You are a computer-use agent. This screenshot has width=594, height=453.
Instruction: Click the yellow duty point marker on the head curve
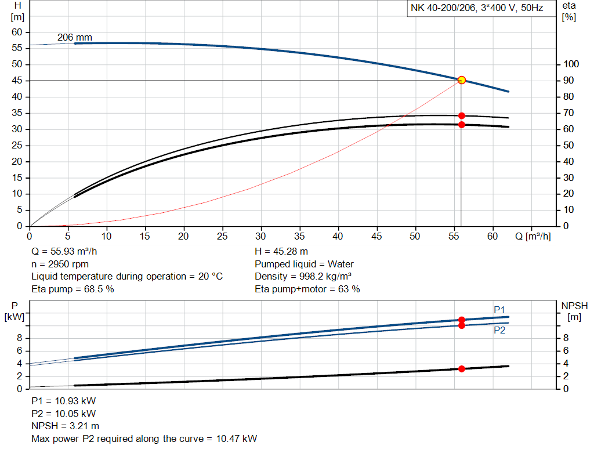click(462, 80)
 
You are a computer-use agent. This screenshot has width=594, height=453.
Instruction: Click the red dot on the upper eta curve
click(462, 115)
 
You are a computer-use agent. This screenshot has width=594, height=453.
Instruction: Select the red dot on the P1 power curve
click(462, 320)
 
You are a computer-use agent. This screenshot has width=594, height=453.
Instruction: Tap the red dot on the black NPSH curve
click(462, 369)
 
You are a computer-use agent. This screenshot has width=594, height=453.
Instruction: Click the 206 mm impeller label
click(74, 38)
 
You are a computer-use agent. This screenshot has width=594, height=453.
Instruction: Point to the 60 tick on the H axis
click(16, 32)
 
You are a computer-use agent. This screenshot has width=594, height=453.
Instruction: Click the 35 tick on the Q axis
click(300, 236)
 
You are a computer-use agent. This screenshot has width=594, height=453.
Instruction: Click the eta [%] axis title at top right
click(568, 11)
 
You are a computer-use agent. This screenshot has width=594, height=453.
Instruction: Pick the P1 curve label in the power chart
click(499, 309)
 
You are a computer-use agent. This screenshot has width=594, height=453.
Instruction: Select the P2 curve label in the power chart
click(499, 330)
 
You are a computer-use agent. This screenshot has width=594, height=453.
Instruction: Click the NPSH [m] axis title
click(574, 311)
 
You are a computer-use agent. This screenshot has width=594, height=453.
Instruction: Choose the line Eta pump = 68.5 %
click(72, 289)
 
